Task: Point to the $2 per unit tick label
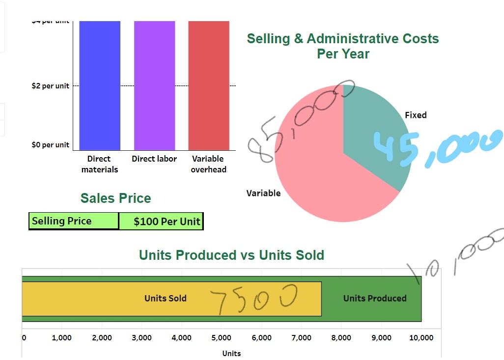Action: point(50,86)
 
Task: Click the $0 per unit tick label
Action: point(50,145)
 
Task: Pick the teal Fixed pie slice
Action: point(373,133)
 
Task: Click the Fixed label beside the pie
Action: point(416,115)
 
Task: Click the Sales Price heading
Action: point(115,198)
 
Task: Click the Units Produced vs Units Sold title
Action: point(231,255)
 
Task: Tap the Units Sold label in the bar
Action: point(166,298)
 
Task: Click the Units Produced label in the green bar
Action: point(375,298)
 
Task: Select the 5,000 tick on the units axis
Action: point(221,337)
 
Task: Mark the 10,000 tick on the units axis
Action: point(421,337)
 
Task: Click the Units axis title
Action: point(231,353)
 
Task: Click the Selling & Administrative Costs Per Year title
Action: point(343,46)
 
